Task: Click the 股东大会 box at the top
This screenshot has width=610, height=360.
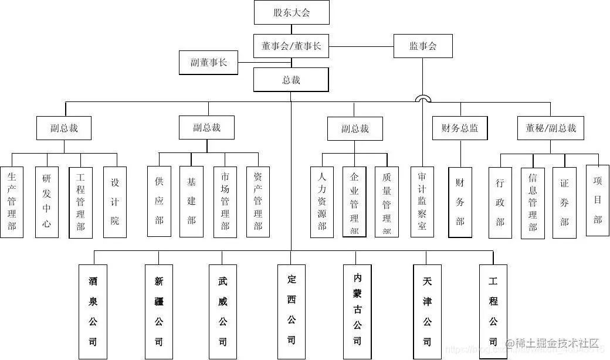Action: pyautogui.click(x=292, y=12)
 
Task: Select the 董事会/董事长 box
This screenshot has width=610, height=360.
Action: pyautogui.click(x=292, y=46)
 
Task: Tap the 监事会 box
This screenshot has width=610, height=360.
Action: pyautogui.click(x=423, y=46)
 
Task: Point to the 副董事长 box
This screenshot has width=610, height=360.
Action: pyautogui.click(x=208, y=63)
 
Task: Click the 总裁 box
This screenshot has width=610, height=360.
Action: pyautogui.click(x=291, y=80)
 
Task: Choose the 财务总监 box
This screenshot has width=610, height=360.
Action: pyautogui.click(x=460, y=128)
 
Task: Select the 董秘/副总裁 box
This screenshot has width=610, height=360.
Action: pyautogui.click(x=551, y=128)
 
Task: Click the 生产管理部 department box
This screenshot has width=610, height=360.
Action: pyautogui.click(x=12, y=202)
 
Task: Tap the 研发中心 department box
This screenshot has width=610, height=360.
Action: pyautogui.click(x=46, y=202)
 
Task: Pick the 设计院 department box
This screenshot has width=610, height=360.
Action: pyautogui.click(x=115, y=202)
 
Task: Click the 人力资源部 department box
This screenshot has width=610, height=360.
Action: pyautogui.click(x=321, y=202)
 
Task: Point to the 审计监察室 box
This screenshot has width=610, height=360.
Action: pyautogui.click(x=422, y=202)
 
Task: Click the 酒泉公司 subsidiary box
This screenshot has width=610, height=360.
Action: pyautogui.click(x=93, y=311)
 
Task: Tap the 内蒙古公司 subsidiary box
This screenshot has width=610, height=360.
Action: pyautogui.click(x=357, y=311)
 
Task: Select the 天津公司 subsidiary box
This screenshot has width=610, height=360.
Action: pyautogui.click(x=427, y=311)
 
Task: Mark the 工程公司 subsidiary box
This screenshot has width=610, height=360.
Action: pyautogui.click(x=493, y=311)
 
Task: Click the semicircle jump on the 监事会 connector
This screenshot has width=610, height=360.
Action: pyautogui.click(x=423, y=99)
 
